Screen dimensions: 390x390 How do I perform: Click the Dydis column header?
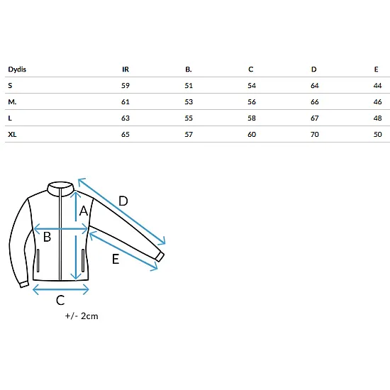pyautogui.click(x=17, y=69)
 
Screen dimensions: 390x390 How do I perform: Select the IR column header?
pyautogui.click(x=126, y=69)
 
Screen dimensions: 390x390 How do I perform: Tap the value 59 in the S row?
pyautogui.click(x=126, y=86)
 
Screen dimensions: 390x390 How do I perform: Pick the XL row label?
pyautogui.click(x=12, y=135)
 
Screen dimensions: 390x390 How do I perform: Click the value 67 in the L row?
pyautogui.click(x=315, y=118)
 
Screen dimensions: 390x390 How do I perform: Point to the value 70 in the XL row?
pyautogui.click(x=315, y=135)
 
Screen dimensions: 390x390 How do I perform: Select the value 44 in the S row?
pyautogui.click(x=377, y=86)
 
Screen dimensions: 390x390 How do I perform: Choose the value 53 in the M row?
pyautogui.click(x=189, y=102)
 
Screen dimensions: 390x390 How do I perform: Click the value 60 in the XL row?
pyautogui.click(x=252, y=135)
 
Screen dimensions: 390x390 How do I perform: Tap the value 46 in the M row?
pyautogui.click(x=377, y=102)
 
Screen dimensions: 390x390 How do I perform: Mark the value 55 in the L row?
pyautogui.click(x=189, y=118)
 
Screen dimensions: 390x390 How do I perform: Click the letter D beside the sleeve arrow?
pyautogui.click(x=123, y=201)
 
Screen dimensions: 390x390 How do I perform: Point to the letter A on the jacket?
pyautogui.click(x=84, y=211)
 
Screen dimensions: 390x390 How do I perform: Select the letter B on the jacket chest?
pyautogui.click(x=47, y=237)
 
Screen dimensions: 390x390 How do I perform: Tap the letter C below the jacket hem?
pyautogui.click(x=60, y=300)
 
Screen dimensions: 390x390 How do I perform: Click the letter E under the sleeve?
pyautogui.click(x=116, y=259)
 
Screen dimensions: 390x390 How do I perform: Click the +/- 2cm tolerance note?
pyautogui.click(x=82, y=316)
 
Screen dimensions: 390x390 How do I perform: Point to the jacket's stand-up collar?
pyautogui.click(x=60, y=189)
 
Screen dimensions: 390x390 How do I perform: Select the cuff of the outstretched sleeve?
pyautogui.click(x=160, y=257)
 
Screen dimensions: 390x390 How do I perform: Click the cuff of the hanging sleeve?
pyautogui.click(x=24, y=284)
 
